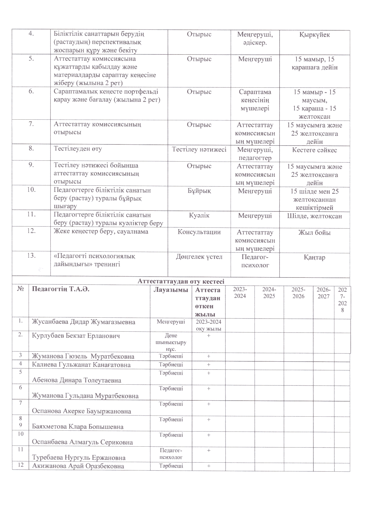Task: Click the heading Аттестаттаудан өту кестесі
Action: tap(181, 282)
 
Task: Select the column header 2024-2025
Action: tap(269, 293)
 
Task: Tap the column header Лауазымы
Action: tap(171, 290)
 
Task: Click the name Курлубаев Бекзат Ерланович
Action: tap(76, 336)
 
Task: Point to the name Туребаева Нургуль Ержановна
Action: tap(79, 458)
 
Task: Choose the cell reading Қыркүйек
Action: tap(314, 35)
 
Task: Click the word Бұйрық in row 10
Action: tap(199, 191)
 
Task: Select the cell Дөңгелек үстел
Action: tap(199, 257)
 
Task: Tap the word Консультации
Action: tap(199, 232)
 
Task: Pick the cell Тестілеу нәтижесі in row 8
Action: tap(199, 150)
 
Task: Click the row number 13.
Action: tap(31, 256)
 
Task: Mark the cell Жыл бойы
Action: tap(314, 233)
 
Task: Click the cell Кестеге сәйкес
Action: tap(314, 150)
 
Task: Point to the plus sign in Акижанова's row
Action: tap(208, 466)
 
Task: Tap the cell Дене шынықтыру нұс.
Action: tap(171, 342)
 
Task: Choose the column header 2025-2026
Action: tap(298, 293)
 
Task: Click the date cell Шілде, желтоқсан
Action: tap(314, 216)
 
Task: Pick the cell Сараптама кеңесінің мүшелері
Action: tap(255, 100)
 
